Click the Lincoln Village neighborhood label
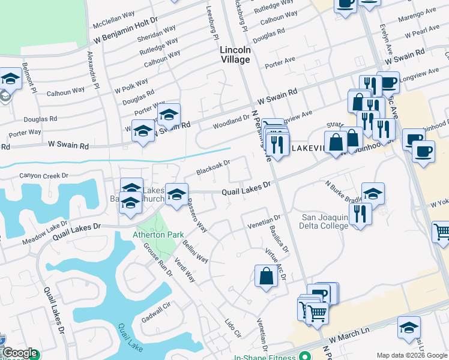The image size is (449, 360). [x=235, y=55]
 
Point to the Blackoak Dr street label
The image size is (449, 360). [x=213, y=168]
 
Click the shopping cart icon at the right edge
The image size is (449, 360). [x=441, y=232]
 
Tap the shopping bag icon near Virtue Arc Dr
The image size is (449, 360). [x=265, y=276]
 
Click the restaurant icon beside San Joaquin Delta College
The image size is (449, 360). [x=360, y=213]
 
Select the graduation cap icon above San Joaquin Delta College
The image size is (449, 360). [x=373, y=193]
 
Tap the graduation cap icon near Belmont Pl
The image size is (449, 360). [x=10, y=79]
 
